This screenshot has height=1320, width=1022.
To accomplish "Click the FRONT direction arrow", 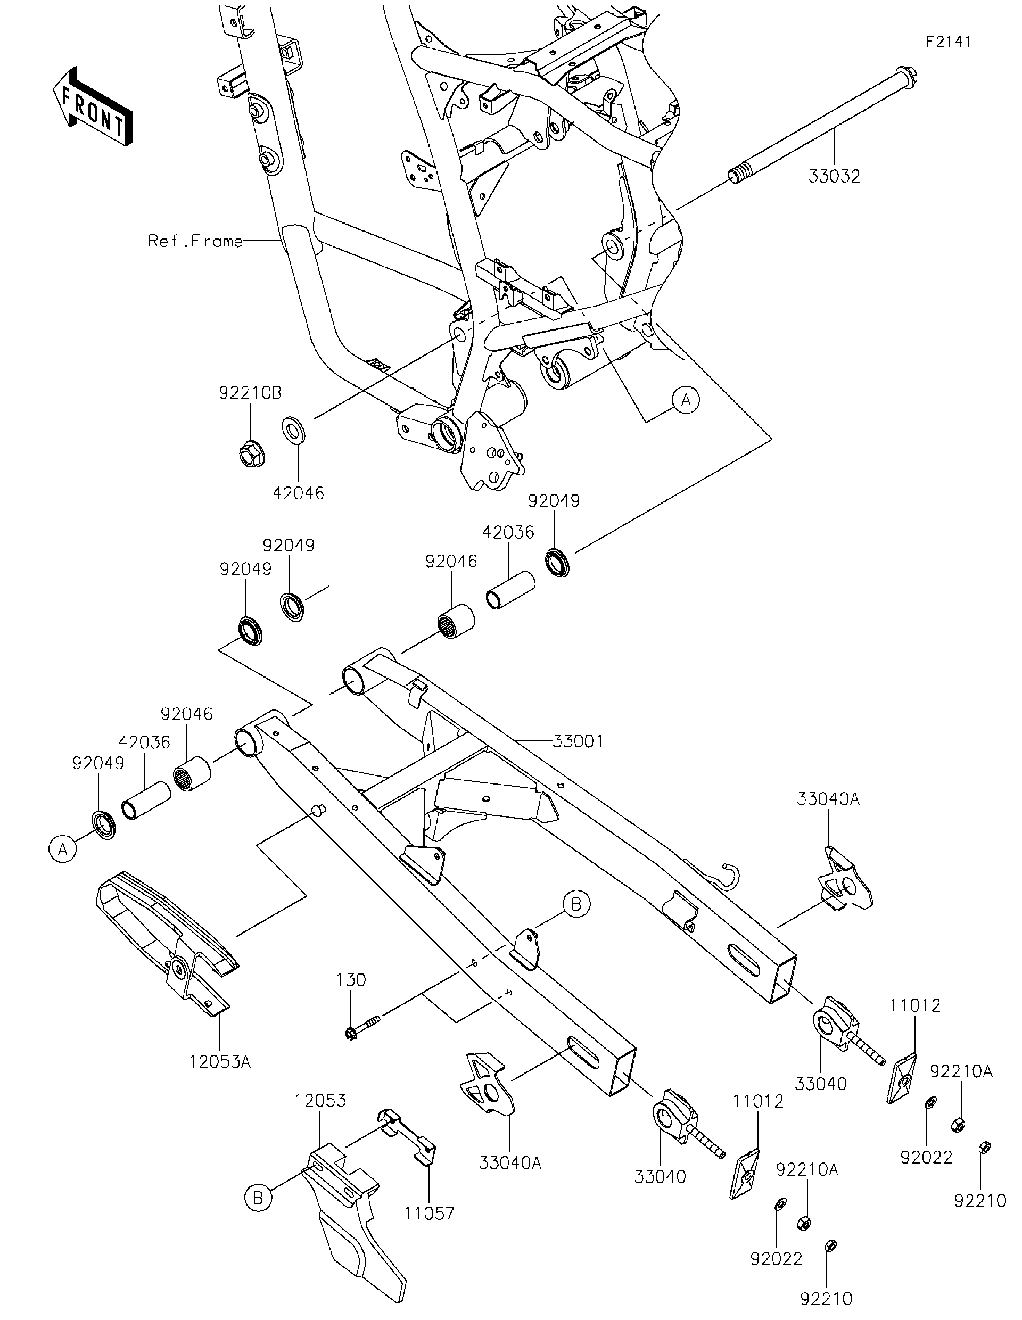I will (92, 106).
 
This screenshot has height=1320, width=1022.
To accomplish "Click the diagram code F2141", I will (949, 42).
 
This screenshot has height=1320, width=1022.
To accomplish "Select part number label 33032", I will (834, 177).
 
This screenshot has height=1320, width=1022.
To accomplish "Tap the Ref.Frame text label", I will (195, 241).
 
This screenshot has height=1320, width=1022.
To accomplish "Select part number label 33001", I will (578, 741).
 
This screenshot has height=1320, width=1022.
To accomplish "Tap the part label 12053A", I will (219, 1061).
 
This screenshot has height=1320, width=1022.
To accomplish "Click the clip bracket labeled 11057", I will (407, 1138).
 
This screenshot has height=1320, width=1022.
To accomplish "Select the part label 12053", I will (320, 1100).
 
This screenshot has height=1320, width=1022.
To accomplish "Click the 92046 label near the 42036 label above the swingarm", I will (451, 562).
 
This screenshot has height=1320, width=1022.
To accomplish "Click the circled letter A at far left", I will (62, 848).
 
